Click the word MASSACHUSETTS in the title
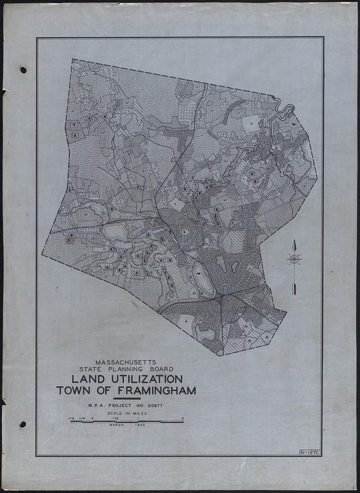pos(126,364)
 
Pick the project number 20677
pos(158,406)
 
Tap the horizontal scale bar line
pos(126,422)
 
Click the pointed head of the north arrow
pos(295,242)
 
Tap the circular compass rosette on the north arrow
pos(295,259)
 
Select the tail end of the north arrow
pos(295,293)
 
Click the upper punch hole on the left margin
pos(23,70)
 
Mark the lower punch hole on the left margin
pos(23,424)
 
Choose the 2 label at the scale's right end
pos(182,418)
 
